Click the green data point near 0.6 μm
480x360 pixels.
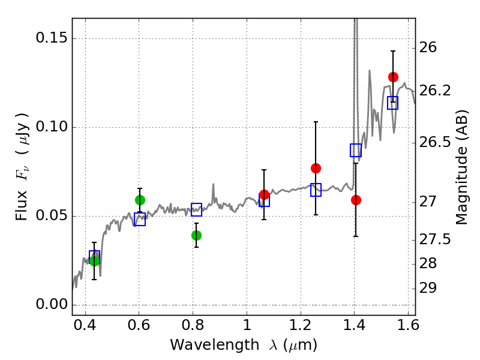point(140,200)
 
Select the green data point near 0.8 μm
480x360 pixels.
point(196,235)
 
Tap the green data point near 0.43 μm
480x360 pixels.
point(94,260)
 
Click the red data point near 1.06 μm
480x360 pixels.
point(264,194)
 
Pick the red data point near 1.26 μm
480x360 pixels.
point(316,168)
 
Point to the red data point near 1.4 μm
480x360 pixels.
point(356,200)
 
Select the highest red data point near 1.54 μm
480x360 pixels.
point(393,77)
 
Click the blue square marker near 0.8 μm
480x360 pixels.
point(196,209)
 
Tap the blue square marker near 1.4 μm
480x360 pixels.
point(356,150)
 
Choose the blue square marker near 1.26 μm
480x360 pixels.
point(316,190)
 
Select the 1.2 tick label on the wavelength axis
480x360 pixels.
point(301,328)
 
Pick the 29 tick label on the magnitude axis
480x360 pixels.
point(431,289)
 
